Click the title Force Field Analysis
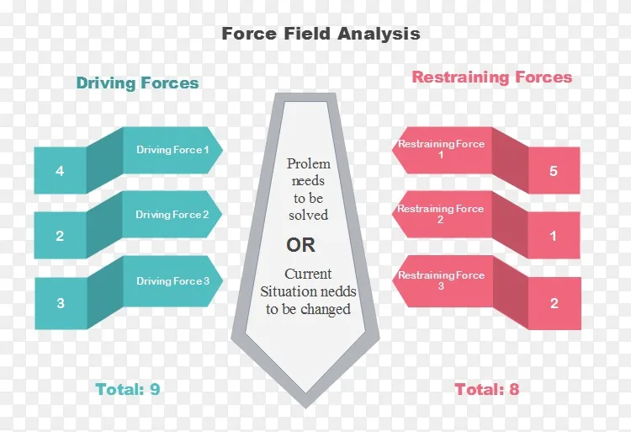[x=321, y=34]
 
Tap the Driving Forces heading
[x=137, y=83]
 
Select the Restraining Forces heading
[x=491, y=77]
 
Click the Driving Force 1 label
[x=173, y=150]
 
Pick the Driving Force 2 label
[x=172, y=215]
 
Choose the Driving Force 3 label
[x=172, y=281]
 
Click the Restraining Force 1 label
[x=441, y=149]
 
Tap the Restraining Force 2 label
[x=441, y=214]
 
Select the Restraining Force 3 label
[x=441, y=280]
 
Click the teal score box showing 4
[x=60, y=171]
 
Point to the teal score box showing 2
[x=60, y=236]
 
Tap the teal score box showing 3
[x=60, y=302]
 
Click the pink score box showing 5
[x=554, y=171]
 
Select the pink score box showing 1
[x=554, y=236]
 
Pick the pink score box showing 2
[x=554, y=303]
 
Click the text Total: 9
[x=128, y=389]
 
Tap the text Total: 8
[x=487, y=389]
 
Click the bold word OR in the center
[x=301, y=245]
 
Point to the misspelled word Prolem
[x=308, y=163]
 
